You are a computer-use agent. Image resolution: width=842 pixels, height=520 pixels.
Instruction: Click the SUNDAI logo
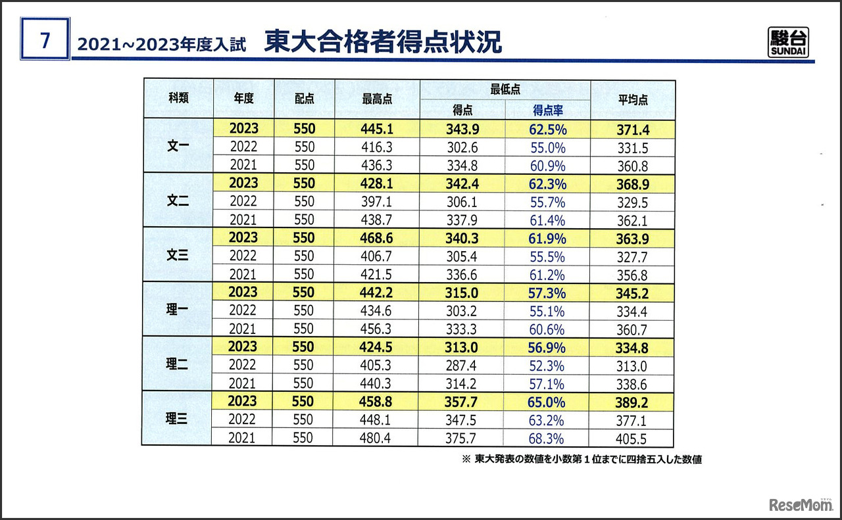[x=788, y=43]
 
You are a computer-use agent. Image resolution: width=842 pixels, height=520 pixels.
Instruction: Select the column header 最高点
[x=377, y=99]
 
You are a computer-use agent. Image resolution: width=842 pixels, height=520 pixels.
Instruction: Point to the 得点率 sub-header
[x=547, y=110]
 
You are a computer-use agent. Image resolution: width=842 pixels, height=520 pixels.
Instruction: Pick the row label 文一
[x=178, y=147]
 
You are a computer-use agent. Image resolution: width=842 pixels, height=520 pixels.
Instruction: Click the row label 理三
[x=178, y=419]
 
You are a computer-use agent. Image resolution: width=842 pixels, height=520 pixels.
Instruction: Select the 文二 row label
[x=178, y=201]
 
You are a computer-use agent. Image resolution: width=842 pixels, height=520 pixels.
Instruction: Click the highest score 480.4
[x=376, y=438]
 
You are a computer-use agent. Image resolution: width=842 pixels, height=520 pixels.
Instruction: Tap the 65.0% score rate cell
[x=547, y=401]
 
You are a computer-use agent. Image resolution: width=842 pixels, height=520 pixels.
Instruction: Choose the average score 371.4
[x=632, y=130]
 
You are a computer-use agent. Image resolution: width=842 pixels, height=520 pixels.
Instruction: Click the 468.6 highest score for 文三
[x=376, y=238]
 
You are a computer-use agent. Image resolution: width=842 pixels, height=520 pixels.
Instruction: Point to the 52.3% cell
[x=547, y=365]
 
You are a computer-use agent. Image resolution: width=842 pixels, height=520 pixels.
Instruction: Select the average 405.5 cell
[x=632, y=438]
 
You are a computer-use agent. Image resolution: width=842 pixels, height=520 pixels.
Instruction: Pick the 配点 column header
[x=304, y=99]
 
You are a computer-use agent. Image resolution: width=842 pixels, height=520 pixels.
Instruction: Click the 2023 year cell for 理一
[x=243, y=293]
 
